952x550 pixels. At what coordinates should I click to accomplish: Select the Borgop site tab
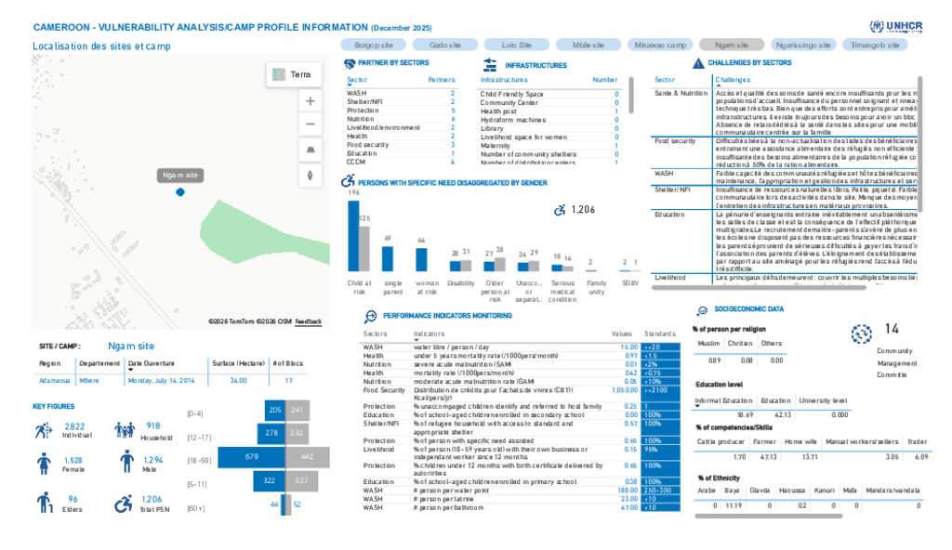[374, 45]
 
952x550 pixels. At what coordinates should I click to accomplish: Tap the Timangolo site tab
[875, 45]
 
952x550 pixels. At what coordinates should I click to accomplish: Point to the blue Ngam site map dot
[180, 191]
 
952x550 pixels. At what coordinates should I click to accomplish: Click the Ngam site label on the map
[180, 175]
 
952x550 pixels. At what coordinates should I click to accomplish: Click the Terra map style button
[294, 74]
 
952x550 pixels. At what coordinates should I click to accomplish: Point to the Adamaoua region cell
[54, 380]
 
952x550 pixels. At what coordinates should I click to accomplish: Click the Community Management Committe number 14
[892, 329]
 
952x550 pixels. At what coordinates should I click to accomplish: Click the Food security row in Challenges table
[676, 141]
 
